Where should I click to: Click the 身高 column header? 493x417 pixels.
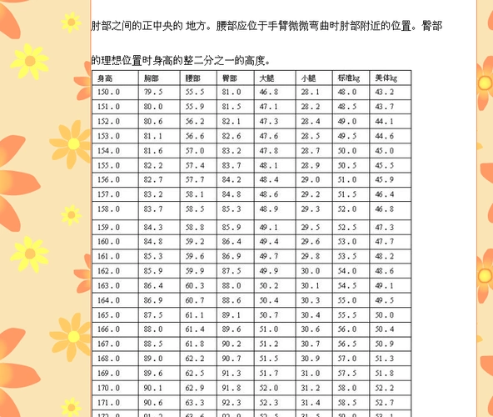click(x=106, y=78)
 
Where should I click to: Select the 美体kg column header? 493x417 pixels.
click(x=385, y=78)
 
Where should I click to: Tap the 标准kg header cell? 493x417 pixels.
click(x=348, y=78)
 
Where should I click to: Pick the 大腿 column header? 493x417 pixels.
click(x=266, y=78)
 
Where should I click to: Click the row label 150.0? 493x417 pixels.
click(x=109, y=92)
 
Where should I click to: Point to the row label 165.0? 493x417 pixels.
click(x=109, y=314)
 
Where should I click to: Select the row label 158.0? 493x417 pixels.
click(x=109, y=208)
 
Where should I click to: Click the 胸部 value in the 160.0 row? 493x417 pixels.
click(x=153, y=241)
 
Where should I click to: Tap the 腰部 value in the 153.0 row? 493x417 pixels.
click(x=195, y=135)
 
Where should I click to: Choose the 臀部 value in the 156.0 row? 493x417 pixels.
click(x=232, y=179)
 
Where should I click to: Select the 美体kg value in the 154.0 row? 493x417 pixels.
click(x=385, y=150)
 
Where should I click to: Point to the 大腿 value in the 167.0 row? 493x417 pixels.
click(x=269, y=344)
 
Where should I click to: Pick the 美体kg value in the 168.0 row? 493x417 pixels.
click(x=385, y=359)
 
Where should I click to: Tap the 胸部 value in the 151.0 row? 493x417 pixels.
click(x=153, y=107)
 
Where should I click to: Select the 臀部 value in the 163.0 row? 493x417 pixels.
click(x=232, y=285)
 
